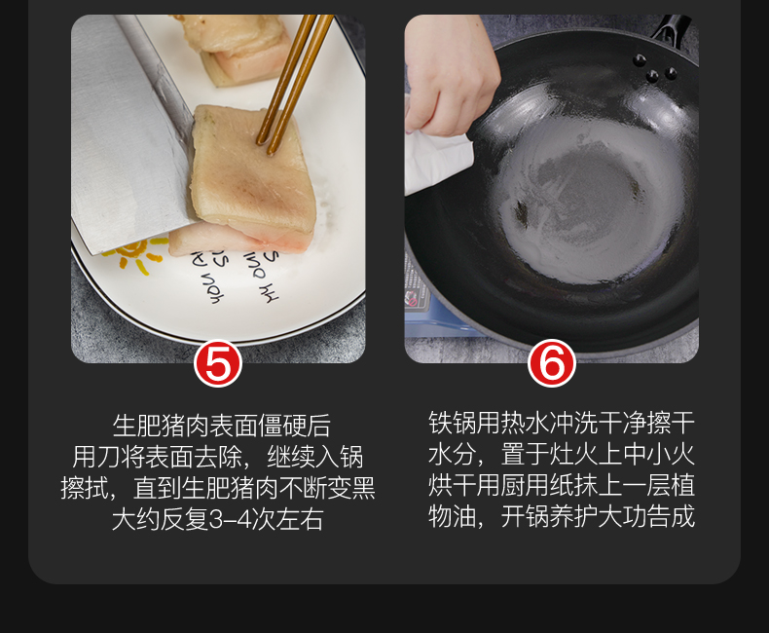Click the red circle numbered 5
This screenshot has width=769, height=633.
coord(218,363)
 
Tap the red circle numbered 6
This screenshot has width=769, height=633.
coord(552,363)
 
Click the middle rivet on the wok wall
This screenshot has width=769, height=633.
coord(652,76)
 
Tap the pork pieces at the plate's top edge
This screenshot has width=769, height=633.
coord(236,47)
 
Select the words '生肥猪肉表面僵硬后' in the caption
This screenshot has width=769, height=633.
coord(221,426)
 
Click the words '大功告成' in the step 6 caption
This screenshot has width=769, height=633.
coord(646,516)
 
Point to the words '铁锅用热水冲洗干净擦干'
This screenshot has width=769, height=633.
coord(562,423)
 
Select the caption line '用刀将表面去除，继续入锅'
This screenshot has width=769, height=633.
coord(218,458)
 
